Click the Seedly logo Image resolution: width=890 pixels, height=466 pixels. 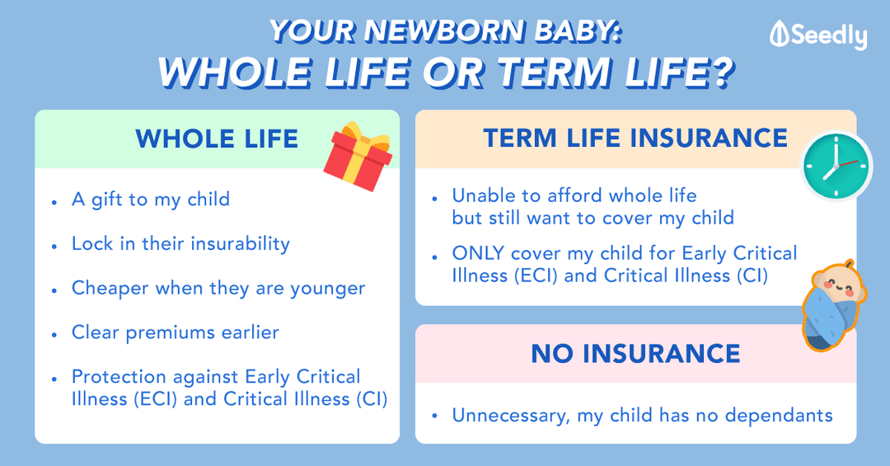(818, 35)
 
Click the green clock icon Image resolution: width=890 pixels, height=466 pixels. (836, 166)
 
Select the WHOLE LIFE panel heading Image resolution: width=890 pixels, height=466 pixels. (217, 139)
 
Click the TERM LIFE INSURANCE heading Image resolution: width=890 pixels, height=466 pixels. (635, 138)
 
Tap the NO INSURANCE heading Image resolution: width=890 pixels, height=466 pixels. (635, 354)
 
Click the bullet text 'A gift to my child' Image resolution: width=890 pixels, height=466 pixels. (151, 200)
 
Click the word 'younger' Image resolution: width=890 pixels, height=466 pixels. (327, 289)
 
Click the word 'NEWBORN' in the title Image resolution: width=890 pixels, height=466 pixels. (444, 31)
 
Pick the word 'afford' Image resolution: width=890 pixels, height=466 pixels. (575, 195)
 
